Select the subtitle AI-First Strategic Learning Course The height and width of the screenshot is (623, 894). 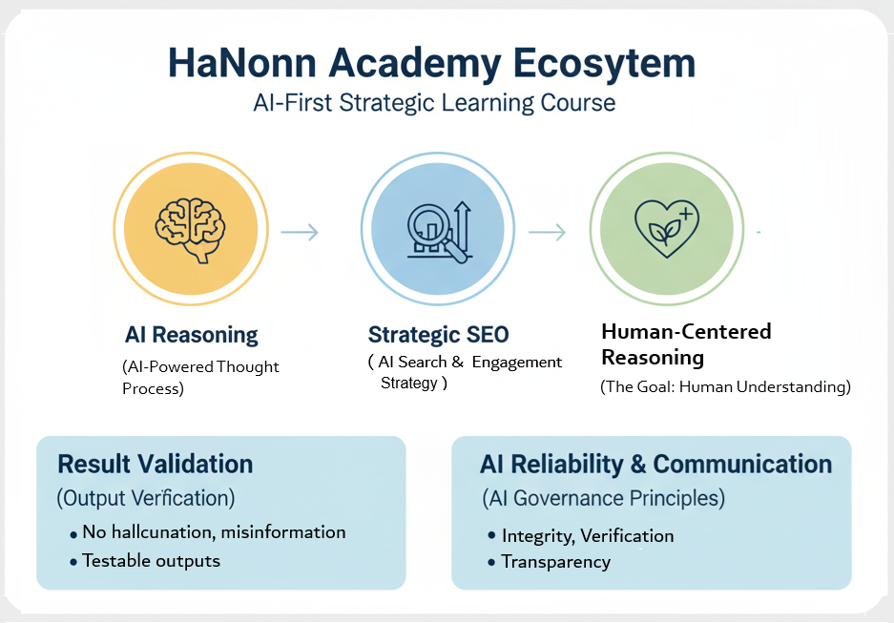[x=434, y=102]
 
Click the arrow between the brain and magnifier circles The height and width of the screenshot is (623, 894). [x=300, y=232]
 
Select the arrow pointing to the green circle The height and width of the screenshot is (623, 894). [x=547, y=232]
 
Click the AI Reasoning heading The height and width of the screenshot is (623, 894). [x=191, y=335]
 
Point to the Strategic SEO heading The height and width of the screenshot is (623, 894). [x=438, y=335]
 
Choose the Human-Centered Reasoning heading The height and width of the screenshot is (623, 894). [x=686, y=344]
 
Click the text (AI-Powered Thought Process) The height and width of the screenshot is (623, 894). [x=200, y=378]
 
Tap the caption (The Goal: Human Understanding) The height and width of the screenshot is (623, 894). [x=725, y=387]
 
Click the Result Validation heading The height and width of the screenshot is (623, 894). [x=156, y=465]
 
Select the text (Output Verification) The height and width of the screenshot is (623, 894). [x=146, y=498]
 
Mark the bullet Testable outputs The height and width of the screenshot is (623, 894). [x=151, y=561]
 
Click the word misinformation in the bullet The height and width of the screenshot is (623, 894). [x=287, y=532]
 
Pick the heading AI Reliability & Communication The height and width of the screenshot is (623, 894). [x=656, y=465]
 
